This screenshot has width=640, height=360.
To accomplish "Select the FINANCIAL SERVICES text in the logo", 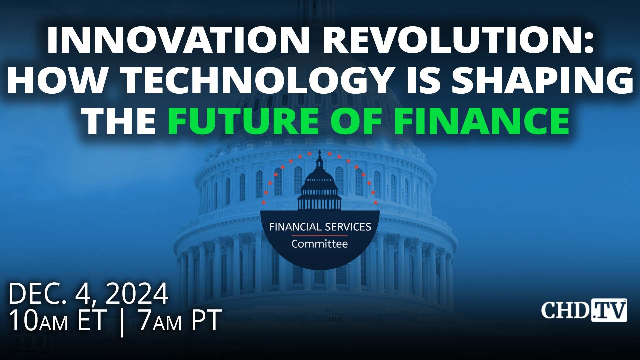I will [320, 227].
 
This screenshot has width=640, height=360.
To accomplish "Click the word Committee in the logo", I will [320, 244].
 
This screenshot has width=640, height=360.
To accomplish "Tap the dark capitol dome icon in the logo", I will [320, 187].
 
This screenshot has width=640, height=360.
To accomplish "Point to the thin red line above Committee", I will [320, 235].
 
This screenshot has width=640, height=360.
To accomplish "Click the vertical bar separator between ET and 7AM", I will [122, 322].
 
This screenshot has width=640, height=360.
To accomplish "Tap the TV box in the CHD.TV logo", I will [609, 310].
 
